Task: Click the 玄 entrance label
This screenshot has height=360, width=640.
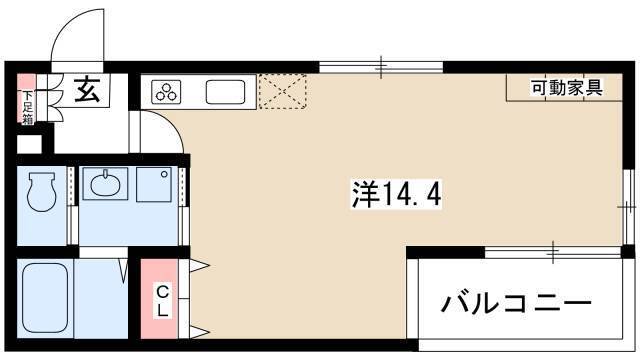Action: (x=87, y=90)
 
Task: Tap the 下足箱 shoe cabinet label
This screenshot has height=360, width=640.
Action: (x=28, y=107)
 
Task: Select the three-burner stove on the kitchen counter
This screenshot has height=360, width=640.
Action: (x=166, y=92)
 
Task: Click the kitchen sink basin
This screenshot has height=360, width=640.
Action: (x=225, y=92)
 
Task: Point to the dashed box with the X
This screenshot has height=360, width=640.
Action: (x=282, y=92)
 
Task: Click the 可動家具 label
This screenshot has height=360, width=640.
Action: (x=567, y=88)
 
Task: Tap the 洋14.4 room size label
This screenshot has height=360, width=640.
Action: (x=396, y=194)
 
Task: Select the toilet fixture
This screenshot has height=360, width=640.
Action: (x=41, y=191)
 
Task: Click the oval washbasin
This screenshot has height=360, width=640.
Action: (x=105, y=184)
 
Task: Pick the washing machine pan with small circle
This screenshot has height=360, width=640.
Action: (x=154, y=184)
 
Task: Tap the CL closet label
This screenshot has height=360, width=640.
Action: (x=162, y=302)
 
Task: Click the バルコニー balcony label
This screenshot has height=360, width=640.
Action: (x=516, y=304)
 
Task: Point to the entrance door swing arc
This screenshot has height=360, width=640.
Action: (x=69, y=24)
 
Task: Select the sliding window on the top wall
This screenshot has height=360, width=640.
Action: (x=381, y=67)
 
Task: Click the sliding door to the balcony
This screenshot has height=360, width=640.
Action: (x=553, y=252)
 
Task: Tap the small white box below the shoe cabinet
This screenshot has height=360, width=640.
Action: (x=29, y=144)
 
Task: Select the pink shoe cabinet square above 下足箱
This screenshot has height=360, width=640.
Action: (x=27, y=82)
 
